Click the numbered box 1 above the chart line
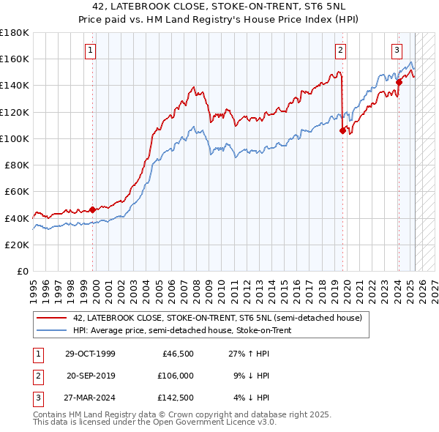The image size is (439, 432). pos(89,51)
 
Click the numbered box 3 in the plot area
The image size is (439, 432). pos(397,51)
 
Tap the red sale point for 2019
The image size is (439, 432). pos(342,131)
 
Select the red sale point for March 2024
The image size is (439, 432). pos(399,82)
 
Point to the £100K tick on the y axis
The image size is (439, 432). pos(15,138)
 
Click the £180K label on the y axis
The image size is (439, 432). pos(15,33)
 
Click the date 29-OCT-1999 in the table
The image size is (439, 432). pos(90,354)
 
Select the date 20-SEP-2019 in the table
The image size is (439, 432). pos(90,376)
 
